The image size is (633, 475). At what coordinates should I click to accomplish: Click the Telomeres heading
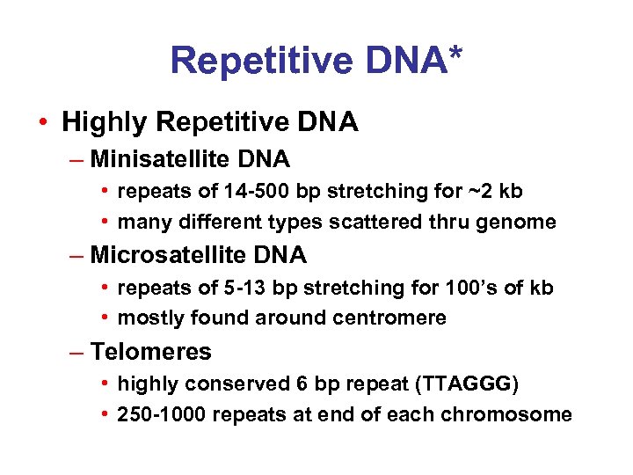(x=150, y=352)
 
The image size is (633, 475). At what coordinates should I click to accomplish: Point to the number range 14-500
(x=222, y=191)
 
